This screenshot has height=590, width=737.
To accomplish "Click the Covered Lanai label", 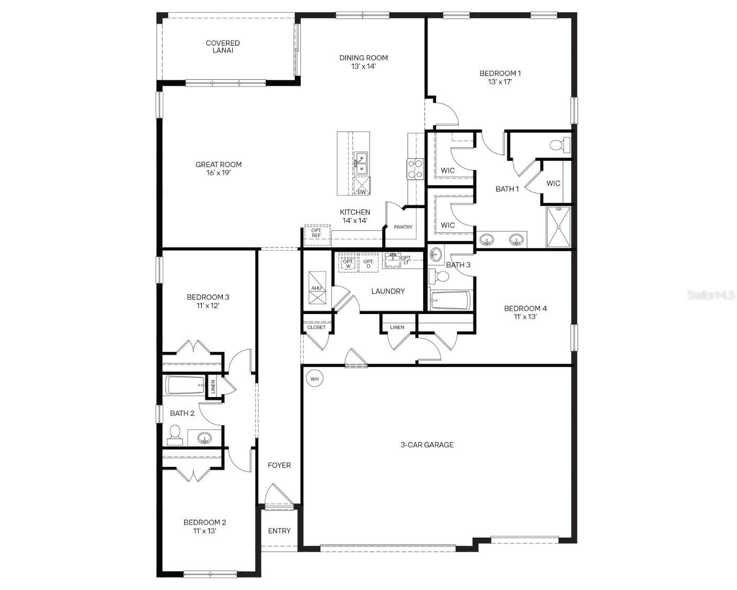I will point(223,47).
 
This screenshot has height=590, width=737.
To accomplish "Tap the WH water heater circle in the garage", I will point(315,378).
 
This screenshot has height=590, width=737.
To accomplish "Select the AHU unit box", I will point(317,288).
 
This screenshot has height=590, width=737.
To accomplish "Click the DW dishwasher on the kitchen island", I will point(362,186).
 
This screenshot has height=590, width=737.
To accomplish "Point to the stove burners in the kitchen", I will point(415,169).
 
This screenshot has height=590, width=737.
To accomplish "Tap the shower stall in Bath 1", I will point(558,227).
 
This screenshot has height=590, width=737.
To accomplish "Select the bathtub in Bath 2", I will point(185,385).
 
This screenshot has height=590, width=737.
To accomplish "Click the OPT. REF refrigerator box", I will point(316,233).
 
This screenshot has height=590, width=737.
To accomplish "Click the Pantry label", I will point(403,227).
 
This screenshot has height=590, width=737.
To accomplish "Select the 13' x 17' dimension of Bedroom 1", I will point(500,82).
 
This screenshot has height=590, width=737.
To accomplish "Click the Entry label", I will point(279,531).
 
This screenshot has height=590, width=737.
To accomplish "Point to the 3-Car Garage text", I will point(427,445).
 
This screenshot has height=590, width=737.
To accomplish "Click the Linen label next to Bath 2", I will point(213,387).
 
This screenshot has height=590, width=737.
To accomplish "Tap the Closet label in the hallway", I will point(316,327).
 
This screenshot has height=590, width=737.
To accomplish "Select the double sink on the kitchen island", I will point(361,163).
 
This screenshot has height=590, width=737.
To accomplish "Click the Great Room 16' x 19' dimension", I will point(219,173).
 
